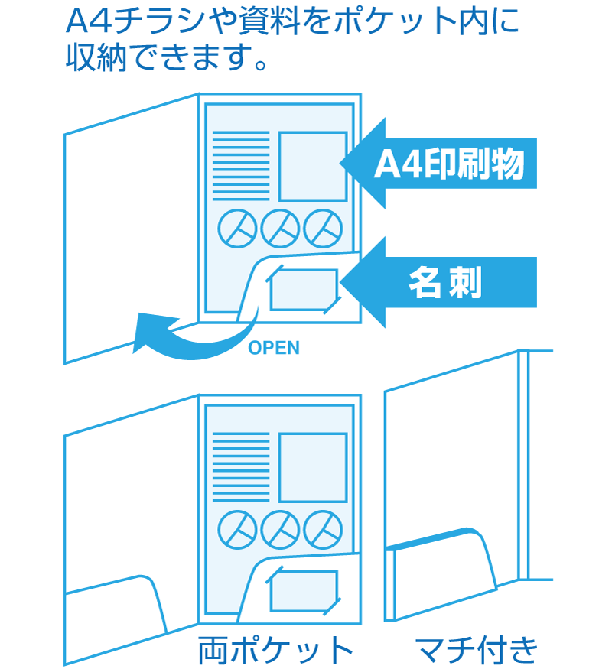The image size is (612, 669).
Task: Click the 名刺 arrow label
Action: tap(444, 284)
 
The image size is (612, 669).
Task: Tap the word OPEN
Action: tap(274, 349)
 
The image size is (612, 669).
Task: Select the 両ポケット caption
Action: tap(275, 650)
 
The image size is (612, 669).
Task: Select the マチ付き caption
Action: tap(476, 650)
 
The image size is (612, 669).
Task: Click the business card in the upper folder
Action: tap(303, 290)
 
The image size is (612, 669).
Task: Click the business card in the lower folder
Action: tap(303, 591)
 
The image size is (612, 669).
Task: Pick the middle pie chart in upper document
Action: tap(280, 228)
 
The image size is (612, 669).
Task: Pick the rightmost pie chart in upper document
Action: tap(322, 228)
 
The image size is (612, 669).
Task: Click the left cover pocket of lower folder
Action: tap(115, 608)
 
